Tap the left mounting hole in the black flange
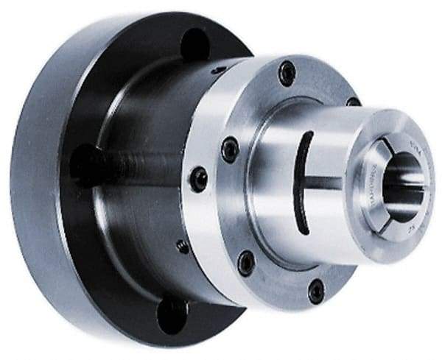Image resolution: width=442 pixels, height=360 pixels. click(x=83, y=163)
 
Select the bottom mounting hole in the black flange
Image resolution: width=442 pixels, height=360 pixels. click(x=172, y=314)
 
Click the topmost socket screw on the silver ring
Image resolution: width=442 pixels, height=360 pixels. click(x=287, y=72)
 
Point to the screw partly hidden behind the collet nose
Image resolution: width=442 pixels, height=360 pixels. click(x=353, y=102)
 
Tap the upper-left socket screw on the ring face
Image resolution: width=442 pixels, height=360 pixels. click(x=230, y=149)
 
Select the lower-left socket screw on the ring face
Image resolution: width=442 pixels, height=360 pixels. click(x=246, y=262)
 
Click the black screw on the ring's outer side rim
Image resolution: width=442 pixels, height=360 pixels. click(x=198, y=178)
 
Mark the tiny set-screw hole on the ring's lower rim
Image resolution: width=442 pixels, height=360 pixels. click(x=182, y=246)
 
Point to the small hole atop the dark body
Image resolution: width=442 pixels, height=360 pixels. click(x=217, y=70)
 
